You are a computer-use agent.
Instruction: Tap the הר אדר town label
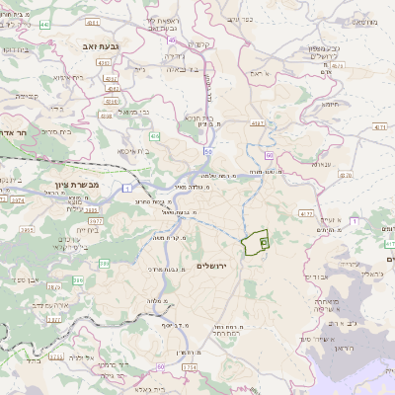coord(16,133)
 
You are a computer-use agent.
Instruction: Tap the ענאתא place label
coord(320,163)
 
